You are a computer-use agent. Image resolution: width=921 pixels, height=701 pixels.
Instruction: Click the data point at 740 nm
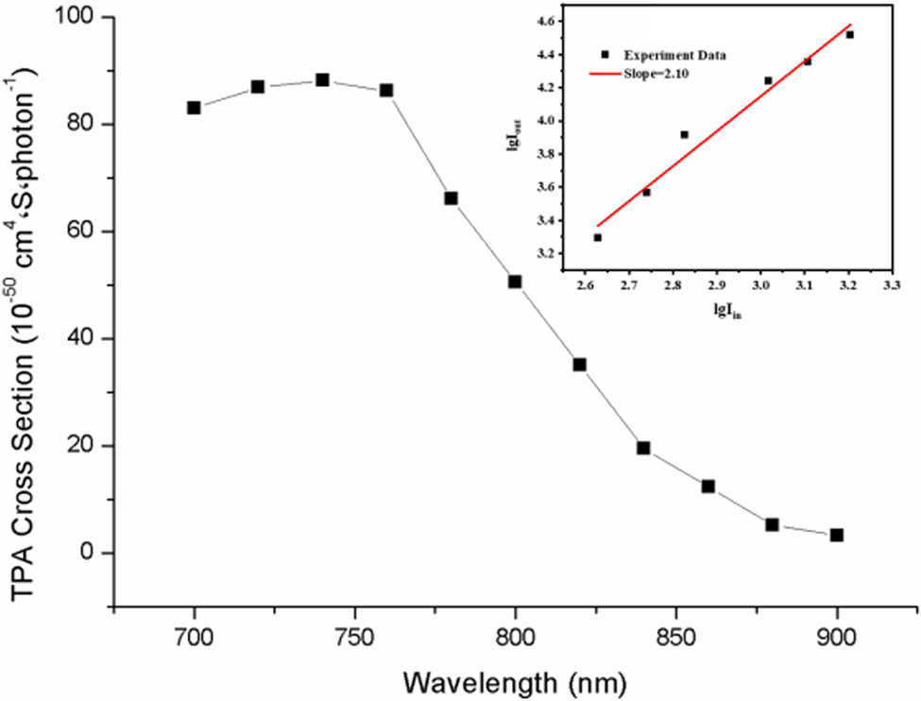[322, 80]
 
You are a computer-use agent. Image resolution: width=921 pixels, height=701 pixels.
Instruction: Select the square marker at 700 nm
[194, 108]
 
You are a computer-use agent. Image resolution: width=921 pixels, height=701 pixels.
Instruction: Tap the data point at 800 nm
[515, 282]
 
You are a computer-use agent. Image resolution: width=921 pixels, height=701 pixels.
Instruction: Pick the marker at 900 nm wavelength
[836, 535]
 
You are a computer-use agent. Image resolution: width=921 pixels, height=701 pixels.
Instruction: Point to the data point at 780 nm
[451, 198]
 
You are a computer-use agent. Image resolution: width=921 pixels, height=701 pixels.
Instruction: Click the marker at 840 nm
[643, 448]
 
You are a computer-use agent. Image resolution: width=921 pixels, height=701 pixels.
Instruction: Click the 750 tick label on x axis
[354, 638]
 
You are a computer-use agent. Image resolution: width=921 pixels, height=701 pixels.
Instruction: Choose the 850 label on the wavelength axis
[675, 638]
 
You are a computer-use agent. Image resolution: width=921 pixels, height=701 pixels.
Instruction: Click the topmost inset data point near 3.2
[849, 35]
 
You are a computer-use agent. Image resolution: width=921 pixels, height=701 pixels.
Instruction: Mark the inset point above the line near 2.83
[684, 134]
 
